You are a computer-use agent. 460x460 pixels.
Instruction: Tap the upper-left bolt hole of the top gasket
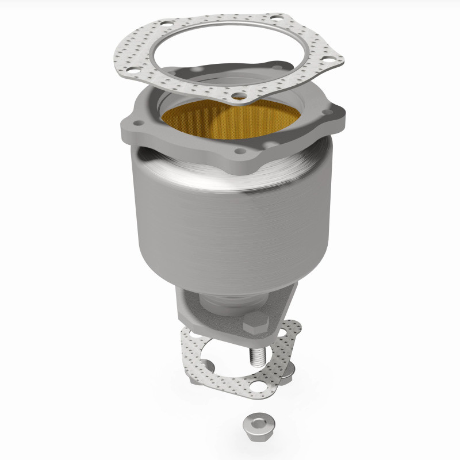[x=166, y=25]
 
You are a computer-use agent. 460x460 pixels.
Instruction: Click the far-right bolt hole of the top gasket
[x=329, y=60]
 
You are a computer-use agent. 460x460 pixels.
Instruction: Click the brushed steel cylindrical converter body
[x=230, y=224]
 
